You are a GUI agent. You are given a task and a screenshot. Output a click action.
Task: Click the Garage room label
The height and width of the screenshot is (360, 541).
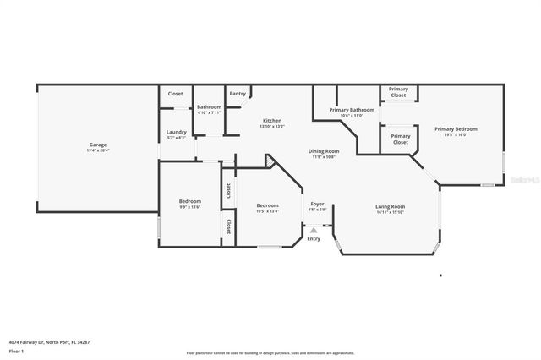tap(98, 145)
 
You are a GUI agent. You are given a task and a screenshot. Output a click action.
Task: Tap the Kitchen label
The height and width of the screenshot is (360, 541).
tap(272, 121)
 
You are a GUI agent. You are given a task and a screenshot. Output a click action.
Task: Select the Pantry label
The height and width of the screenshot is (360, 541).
tap(238, 94)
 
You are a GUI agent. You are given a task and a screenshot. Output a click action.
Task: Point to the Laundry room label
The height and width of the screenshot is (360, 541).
tap(177, 132)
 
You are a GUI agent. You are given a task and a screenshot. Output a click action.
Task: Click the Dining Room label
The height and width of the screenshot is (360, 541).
tap(324, 151)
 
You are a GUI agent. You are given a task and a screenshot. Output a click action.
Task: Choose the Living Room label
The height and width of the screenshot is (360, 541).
tap(391, 206)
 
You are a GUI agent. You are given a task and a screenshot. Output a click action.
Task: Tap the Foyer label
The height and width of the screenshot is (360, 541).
tap(317, 204)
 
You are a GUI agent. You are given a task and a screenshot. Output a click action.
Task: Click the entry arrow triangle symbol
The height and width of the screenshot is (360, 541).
tap(314, 229)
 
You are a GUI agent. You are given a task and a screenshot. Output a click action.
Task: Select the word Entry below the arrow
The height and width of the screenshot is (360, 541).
tap(314, 238)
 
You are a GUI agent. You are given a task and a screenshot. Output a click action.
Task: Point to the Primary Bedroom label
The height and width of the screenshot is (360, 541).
tap(456, 129)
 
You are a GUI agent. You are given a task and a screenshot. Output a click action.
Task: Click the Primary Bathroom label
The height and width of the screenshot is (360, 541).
tap(352, 110)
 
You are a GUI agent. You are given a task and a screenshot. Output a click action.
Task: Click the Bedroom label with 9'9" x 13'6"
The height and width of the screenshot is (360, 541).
tap(189, 200)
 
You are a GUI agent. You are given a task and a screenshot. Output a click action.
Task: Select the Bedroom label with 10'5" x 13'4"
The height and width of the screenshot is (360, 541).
tap(268, 205)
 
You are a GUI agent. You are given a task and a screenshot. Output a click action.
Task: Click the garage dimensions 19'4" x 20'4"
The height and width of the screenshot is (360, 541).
tap(98, 150)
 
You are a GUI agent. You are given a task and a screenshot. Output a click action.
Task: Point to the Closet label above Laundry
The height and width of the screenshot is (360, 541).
tap(175, 94)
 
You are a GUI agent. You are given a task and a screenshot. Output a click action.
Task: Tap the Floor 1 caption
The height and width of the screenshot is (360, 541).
tap(16, 351)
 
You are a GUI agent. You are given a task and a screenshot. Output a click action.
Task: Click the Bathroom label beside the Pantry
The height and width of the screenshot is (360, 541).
tap(209, 107)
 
